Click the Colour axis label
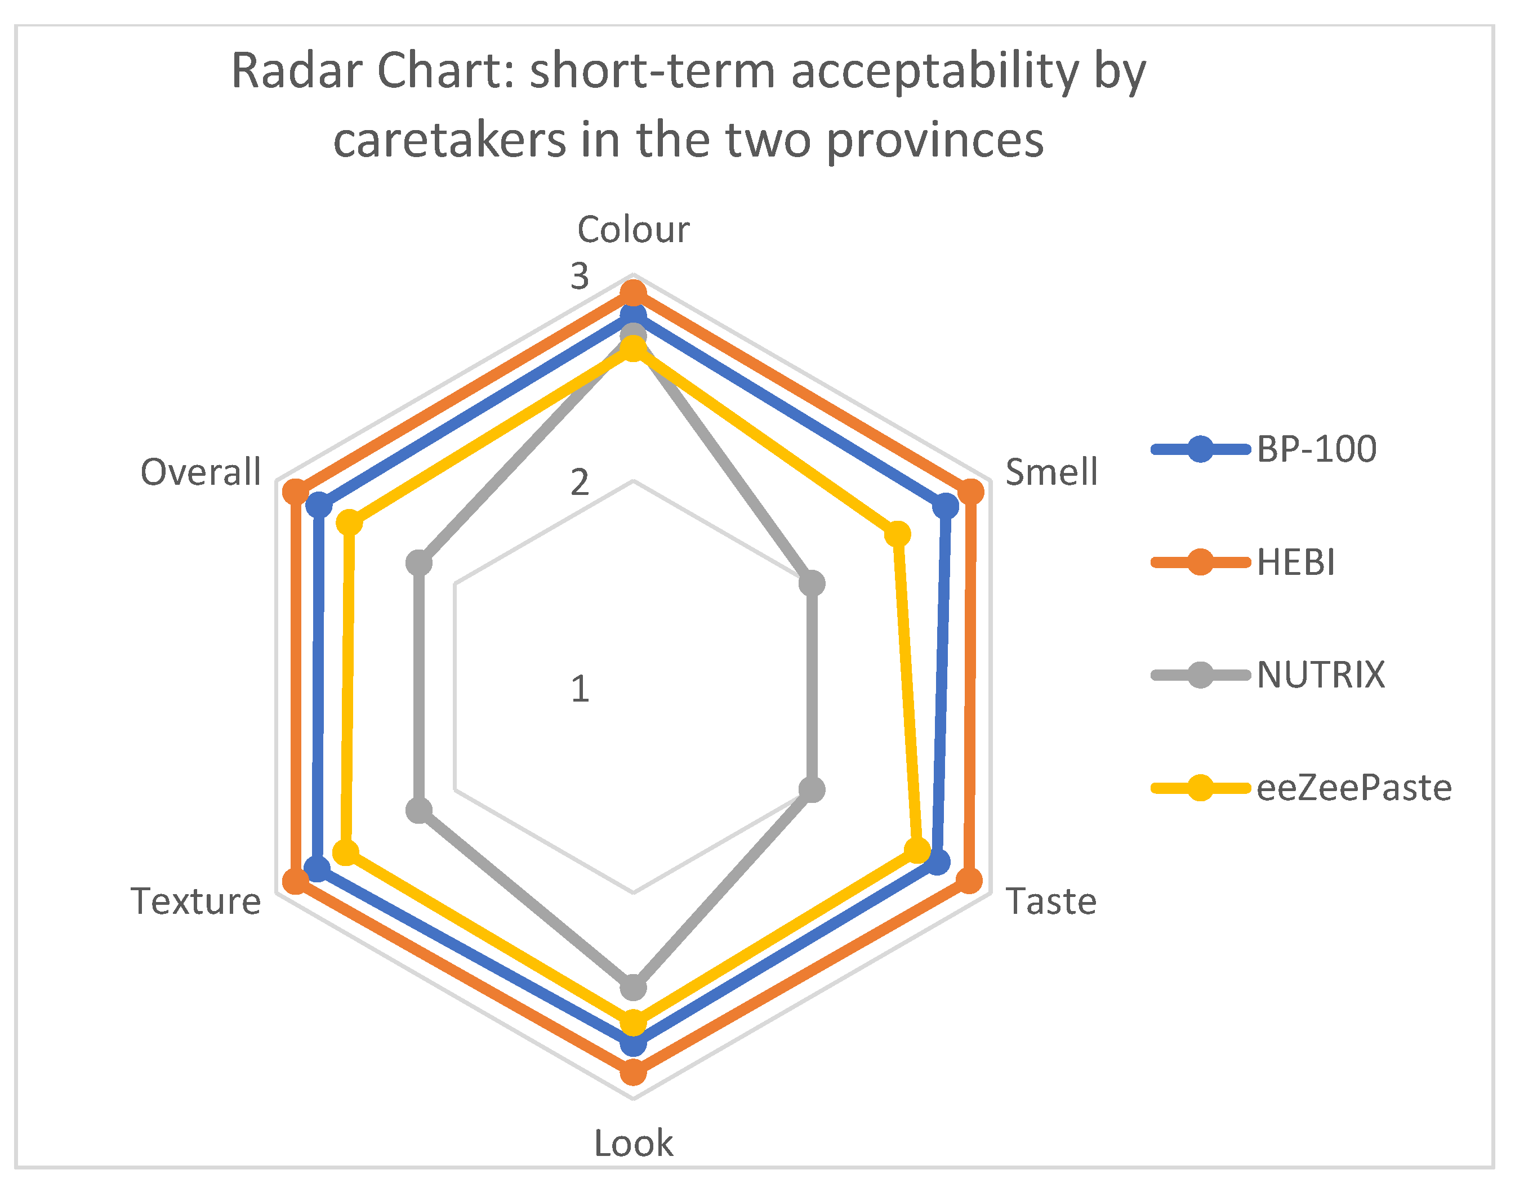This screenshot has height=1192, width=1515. [632, 230]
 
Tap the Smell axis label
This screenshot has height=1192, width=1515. [1051, 472]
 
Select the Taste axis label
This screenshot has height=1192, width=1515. [1051, 901]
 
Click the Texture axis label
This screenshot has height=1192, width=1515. [195, 901]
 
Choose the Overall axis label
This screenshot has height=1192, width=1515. [200, 472]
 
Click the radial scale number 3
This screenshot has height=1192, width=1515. [580, 276]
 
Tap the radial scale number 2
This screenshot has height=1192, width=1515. [580, 483]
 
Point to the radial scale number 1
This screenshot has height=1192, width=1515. [580, 690]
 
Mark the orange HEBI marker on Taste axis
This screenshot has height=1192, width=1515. [969, 881]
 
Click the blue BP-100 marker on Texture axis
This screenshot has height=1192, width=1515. [318, 869]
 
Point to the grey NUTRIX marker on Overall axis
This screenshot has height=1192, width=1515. [419, 562]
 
